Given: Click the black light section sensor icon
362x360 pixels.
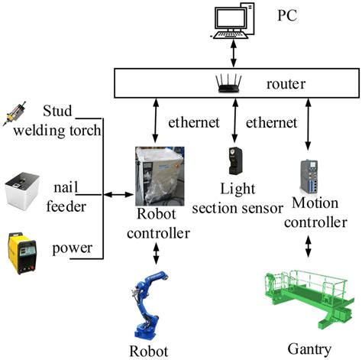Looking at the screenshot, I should click(x=231, y=161).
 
